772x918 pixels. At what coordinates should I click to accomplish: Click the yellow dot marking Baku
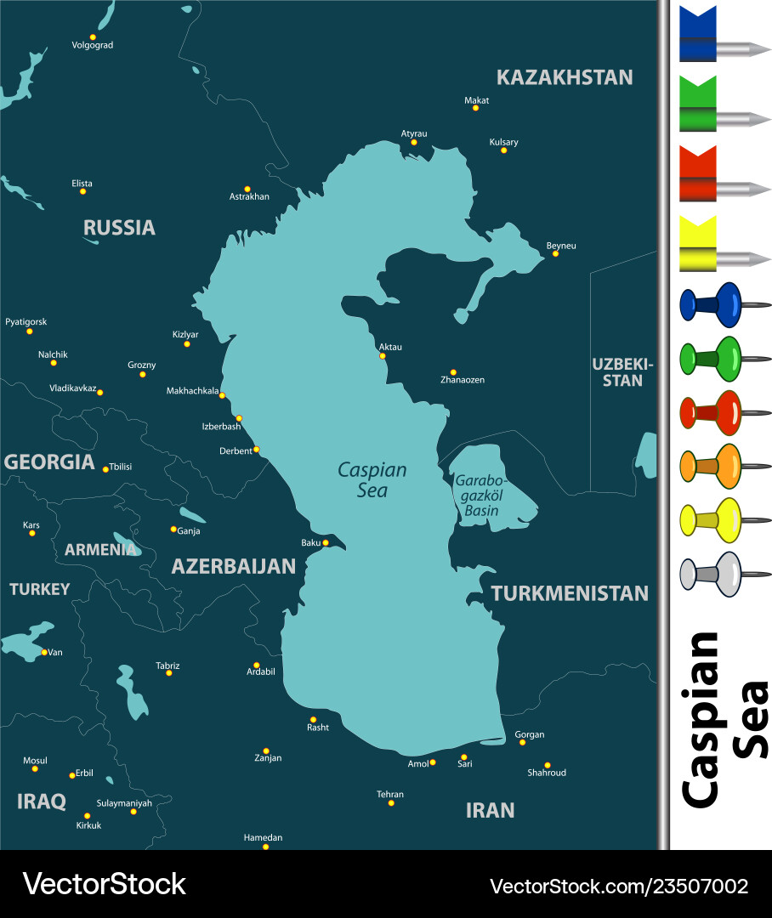click(x=326, y=542)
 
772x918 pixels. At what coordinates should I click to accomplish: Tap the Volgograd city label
click(x=92, y=45)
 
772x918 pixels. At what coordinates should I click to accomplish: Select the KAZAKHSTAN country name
click(x=565, y=77)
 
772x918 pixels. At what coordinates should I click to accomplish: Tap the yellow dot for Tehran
click(x=391, y=803)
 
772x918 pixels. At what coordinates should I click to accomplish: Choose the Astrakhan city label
click(x=249, y=196)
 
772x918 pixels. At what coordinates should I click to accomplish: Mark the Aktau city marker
click(x=383, y=355)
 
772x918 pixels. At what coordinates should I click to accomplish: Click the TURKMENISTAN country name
click(x=570, y=593)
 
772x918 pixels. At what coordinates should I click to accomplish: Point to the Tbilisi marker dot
click(x=105, y=469)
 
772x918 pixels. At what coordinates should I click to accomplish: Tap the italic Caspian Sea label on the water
click(x=372, y=480)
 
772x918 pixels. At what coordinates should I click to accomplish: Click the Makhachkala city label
click(x=192, y=391)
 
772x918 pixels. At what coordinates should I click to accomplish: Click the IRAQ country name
click(x=42, y=802)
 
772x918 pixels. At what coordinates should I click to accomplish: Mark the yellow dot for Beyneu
click(x=555, y=253)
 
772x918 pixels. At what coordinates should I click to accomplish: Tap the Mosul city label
click(x=35, y=761)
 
